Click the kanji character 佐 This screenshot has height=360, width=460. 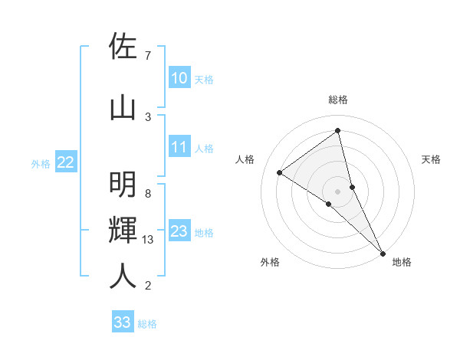[x=123, y=47]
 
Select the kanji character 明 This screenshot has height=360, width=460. [x=123, y=185]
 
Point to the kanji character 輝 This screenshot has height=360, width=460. [x=123, y=230]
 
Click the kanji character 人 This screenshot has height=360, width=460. [x=123, y=275]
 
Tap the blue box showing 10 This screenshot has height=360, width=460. [x=179, y=78]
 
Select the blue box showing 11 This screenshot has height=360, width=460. [x=179, y=147]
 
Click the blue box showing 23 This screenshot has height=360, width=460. [x=179, y=231]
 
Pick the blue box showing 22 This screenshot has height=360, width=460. [x=65, y=162]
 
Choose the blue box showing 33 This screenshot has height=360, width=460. [x=122, y=322]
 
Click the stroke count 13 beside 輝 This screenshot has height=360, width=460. [x=148, y=240]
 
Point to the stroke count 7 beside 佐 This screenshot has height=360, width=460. [x=147, y=56]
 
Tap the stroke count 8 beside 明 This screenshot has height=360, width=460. [x=147, y=193]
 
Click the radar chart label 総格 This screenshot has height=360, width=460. [x=337, y=100]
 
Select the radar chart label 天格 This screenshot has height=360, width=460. [x=432, y=159]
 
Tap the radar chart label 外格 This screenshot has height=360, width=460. [x=269, y=262]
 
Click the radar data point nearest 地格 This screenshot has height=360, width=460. [x=383, y=252]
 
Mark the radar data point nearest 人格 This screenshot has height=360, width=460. [x=279, y=172]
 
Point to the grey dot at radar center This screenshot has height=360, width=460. [x=337, y=190]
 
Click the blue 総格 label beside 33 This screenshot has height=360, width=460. [x=147, y=324]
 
